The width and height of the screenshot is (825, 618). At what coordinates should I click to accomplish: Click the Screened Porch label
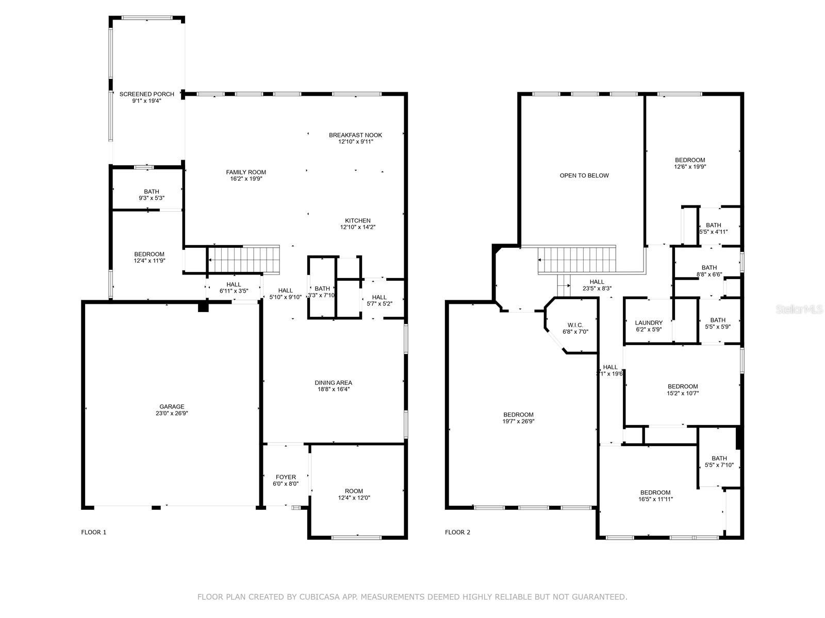point(146,94)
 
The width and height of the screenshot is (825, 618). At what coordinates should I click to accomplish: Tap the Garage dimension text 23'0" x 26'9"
point(172,413)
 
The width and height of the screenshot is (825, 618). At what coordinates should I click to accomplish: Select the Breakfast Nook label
point(355,135)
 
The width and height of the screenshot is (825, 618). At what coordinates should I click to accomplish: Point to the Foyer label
point(286,477)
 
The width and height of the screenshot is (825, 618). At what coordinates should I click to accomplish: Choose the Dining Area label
point(333,383)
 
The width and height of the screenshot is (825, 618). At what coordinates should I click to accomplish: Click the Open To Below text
point(584,176)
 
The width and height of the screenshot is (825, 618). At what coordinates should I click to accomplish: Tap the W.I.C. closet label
point(575,325)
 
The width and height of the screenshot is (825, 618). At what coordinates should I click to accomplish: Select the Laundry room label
point(649,323)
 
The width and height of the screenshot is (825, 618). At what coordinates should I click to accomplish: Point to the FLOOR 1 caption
point(93,532)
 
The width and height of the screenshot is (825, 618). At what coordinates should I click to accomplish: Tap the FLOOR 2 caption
point(457,532)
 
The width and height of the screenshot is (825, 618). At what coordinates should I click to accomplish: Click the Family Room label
point(245,173)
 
